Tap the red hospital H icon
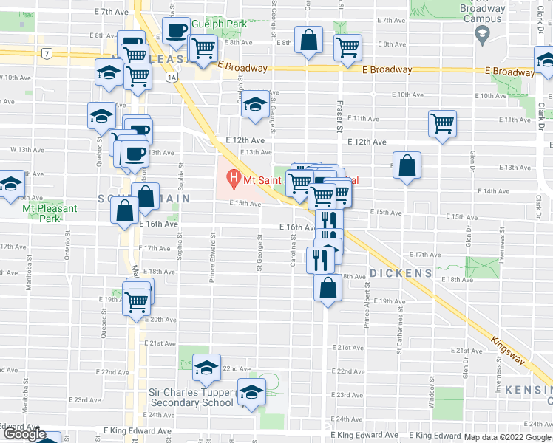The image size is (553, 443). (234, 178)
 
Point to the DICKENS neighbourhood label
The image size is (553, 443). (401, 273)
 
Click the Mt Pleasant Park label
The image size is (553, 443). (50, 213)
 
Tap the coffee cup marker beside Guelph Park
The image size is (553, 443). (176, 32)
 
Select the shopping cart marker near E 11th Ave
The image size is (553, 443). (442, 123)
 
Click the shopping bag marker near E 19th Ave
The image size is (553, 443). (328, 288)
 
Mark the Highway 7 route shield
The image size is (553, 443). (47, 53)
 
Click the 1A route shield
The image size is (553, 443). (172, 76)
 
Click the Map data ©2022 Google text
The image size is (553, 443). (507, 437)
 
